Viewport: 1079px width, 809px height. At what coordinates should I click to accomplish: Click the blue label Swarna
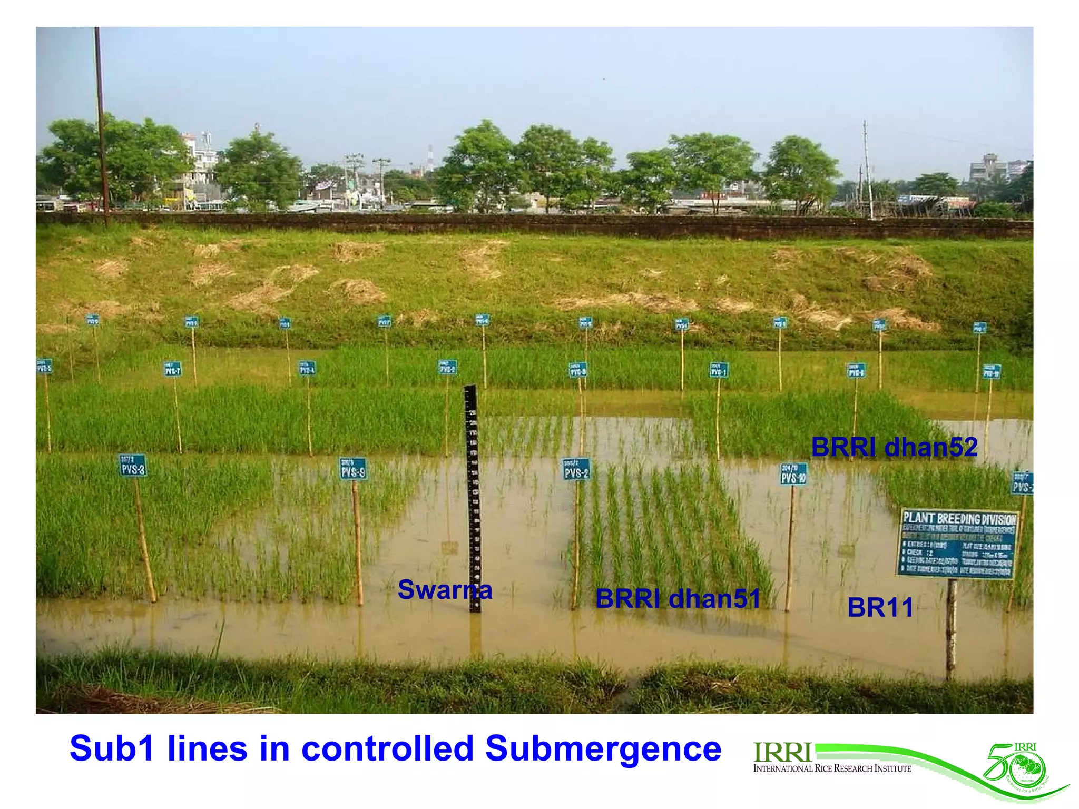point(445,589)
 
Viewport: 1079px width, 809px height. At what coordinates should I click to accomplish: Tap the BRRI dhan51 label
point(678,599)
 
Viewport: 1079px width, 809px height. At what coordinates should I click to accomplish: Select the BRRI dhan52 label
point(894,447)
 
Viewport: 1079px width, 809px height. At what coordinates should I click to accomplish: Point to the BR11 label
point(880,607)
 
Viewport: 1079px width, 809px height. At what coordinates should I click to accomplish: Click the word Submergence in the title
point(603,748)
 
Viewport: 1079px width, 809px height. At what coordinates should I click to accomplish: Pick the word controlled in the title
point(387,748)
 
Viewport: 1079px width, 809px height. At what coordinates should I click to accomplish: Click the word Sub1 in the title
point(112,748)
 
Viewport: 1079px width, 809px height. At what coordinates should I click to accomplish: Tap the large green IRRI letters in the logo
point(782,753)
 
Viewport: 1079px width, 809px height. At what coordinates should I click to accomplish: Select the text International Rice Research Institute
point(832,769)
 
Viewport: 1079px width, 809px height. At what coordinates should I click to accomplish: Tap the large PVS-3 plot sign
point(133,466)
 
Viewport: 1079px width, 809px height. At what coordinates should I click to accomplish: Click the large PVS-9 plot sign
point(353,469)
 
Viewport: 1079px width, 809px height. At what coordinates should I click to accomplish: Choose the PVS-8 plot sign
point(577,370)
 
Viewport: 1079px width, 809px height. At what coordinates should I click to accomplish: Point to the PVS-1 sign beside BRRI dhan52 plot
point(719,370)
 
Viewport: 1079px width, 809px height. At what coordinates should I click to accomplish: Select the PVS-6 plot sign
point(856,371)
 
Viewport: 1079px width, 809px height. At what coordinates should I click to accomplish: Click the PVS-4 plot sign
point(307,368)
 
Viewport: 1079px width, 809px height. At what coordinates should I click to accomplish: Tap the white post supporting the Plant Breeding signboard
point(951,627)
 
